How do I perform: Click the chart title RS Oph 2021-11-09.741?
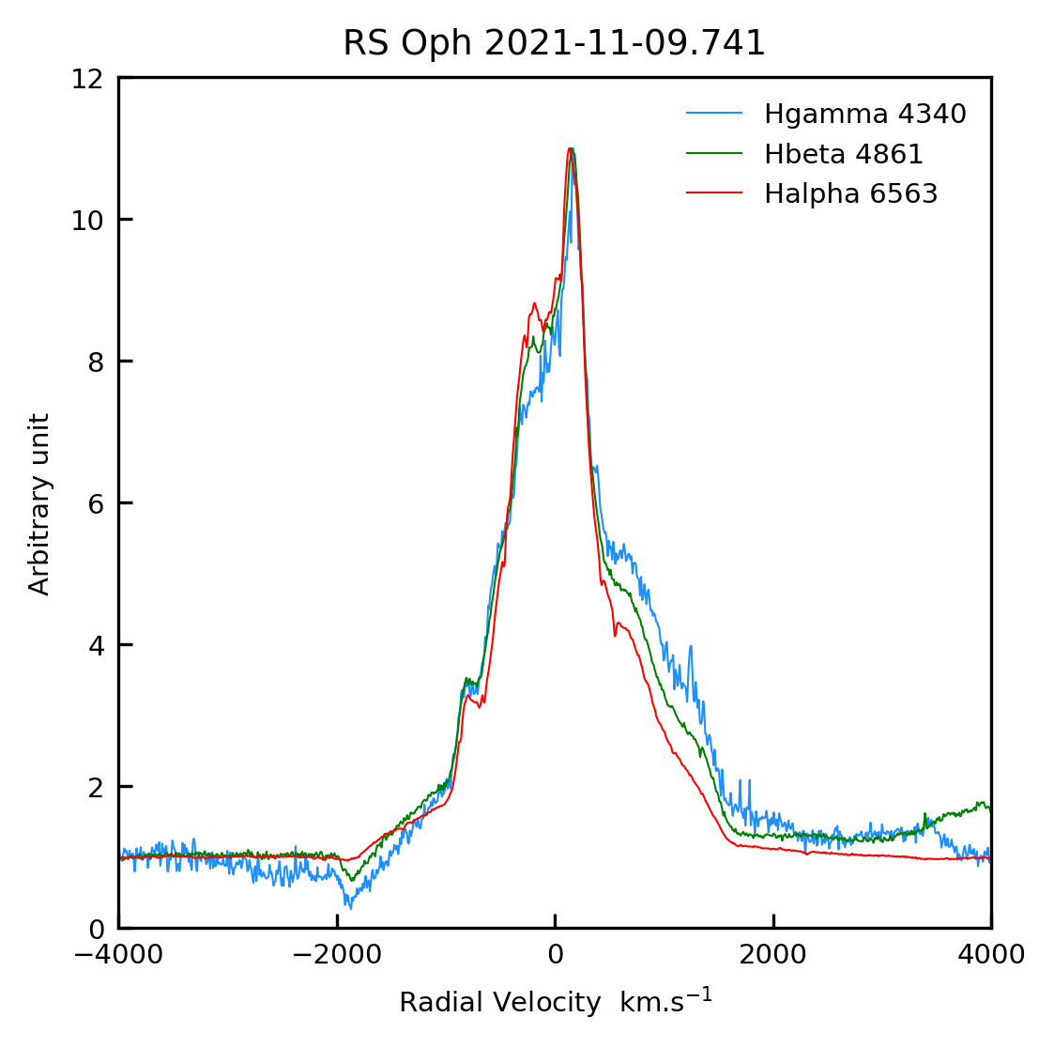[554, 43]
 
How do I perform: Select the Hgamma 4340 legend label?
[864, 115]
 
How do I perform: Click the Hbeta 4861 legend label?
[843, 154]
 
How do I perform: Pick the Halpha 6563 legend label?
[850, 194]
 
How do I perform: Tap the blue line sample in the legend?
[714, 115]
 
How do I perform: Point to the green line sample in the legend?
[714, 154]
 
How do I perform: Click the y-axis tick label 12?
[87, 78]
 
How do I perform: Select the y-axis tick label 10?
[87, 220]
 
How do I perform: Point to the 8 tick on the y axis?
[94, 362]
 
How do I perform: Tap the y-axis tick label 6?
[94, 503]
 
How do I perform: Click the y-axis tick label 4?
[94, 645]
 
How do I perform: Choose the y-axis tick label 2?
[94, 787]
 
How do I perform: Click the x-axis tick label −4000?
[118, 955]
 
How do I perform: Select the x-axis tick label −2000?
[336, 955]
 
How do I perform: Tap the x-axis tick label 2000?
[773, 955]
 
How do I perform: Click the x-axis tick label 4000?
[991, 955]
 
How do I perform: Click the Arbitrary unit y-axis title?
[39, 504]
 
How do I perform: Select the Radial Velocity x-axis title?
[556, 1002]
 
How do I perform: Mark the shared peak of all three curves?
[570, 150]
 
